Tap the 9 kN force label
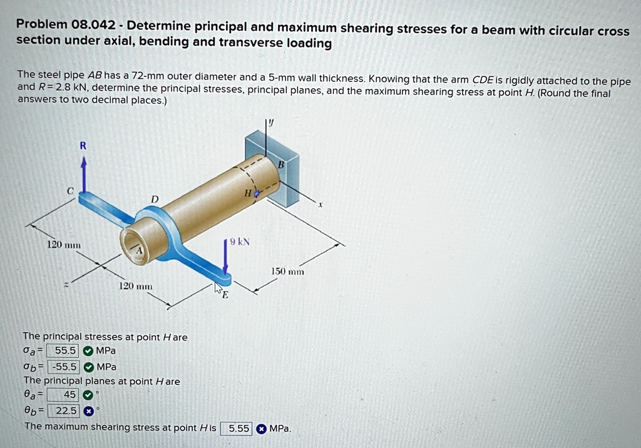(x=240, y=242)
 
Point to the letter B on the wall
(x=281, y=165)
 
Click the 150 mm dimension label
(x=287, y=272)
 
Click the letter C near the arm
(x=71, y=190)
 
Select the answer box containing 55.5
(x=65, y=351)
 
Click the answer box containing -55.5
(x=65, y=367)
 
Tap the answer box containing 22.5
(x=65, y=411)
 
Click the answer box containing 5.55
(x=238, y=429)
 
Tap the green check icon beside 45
(x=88, y=395)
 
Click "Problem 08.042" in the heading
(x=66, y=26)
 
